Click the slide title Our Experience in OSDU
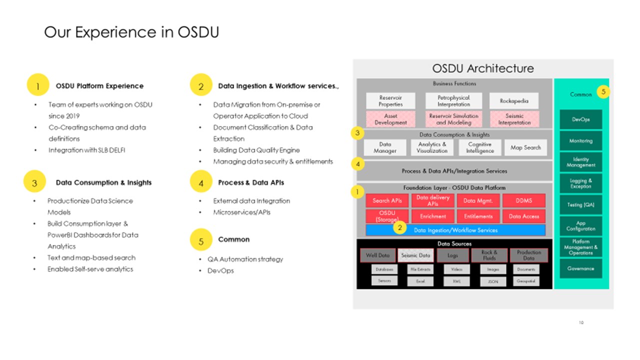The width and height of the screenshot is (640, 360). click(131, 32)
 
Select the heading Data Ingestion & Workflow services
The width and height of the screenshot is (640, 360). click(278, 86)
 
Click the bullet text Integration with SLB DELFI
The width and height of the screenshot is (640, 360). click(86, 150)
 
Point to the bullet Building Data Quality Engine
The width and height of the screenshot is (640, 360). click(256, 150)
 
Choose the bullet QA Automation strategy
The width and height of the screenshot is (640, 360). click(245, 259)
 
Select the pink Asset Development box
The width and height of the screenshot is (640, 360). click(390, 119)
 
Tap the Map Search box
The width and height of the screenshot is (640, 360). click(525, 147)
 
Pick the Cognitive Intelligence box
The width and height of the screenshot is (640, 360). click(479, 147)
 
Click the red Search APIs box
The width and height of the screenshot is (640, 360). click(387, 200)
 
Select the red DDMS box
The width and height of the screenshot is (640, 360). click(523, 200)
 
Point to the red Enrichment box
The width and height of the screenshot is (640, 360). click(432, 216)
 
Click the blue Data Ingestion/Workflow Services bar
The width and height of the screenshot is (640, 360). click(455, 230)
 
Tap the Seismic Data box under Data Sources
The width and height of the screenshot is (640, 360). click(415, 255)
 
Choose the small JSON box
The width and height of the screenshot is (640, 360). click(492, 282)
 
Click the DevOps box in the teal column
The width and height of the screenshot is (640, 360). click(580, 119)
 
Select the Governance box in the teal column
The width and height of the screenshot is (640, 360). click(580, 268)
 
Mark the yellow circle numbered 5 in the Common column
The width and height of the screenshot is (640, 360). click(603, 92)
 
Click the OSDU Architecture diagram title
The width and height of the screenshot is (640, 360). click(483, 68)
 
